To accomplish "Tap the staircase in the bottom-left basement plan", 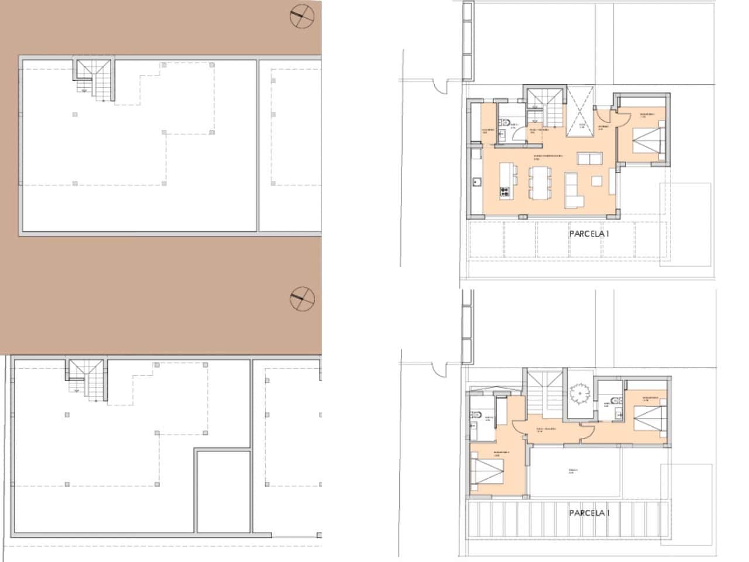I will tap(87, 381).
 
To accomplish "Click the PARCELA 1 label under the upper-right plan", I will tap(589, 233).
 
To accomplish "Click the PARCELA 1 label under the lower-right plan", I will tap(589, 513).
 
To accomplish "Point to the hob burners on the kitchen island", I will tap(504, 191).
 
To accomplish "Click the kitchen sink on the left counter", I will tap(476, 182).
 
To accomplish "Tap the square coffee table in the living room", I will tap(597, 181).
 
